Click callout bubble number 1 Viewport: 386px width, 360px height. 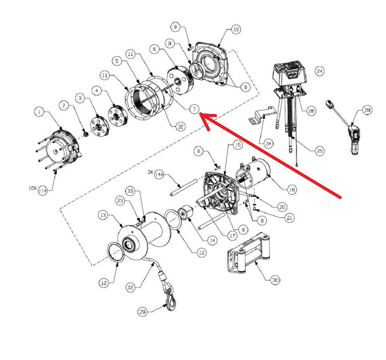coord(40,112)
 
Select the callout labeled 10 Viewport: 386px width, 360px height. coord(235,29)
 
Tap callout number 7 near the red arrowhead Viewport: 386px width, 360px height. coord(193,110)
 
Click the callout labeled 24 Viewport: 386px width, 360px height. coord(319,70)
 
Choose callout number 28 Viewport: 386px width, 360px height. coord(368,111)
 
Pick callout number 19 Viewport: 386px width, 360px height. coord(291,190)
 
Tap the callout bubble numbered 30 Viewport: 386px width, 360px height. coord(276,280)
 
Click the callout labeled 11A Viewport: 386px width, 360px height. coord(43,191)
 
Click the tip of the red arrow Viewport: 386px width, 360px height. coord(201,116)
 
